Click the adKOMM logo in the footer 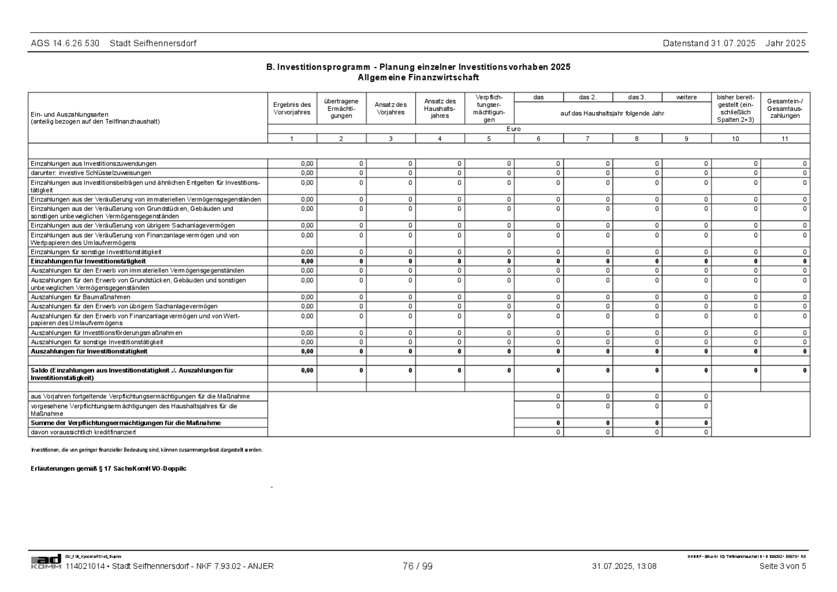point(46,562)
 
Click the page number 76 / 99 point(417,566)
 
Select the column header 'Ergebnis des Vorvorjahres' point(292,108)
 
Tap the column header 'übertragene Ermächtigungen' point(341,108)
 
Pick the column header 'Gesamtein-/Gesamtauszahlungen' point(784,108)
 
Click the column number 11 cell point(784,139)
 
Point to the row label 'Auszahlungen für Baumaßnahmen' point(80,297)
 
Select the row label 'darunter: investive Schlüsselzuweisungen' point(91,173)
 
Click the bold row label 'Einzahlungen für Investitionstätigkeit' point(88,261)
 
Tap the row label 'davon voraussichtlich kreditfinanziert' point(83,432)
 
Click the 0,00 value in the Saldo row point(307,371)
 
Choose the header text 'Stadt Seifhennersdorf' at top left point(153,43)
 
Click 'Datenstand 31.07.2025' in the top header point(709,43)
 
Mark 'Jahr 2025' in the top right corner point(786,43)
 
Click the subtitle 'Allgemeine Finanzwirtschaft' point(418,77)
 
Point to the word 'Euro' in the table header point(513,129)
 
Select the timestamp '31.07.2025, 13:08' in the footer point(624,566)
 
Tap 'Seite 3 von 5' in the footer point(782,566)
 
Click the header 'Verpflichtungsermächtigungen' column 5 point(489,108)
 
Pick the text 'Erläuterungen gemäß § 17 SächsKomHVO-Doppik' point(108,468)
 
